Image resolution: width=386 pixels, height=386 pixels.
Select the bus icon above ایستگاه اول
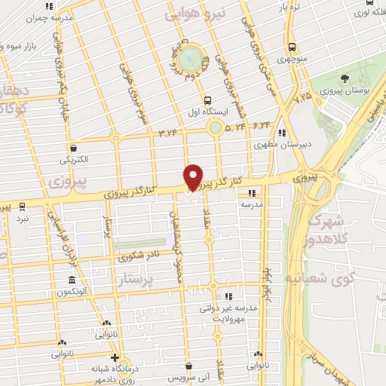[207, 100]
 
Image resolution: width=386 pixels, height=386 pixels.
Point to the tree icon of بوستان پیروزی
[345, 78]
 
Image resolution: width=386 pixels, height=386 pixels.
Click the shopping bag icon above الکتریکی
[73, 149]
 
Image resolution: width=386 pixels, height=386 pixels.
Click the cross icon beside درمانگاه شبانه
[115, 357]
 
